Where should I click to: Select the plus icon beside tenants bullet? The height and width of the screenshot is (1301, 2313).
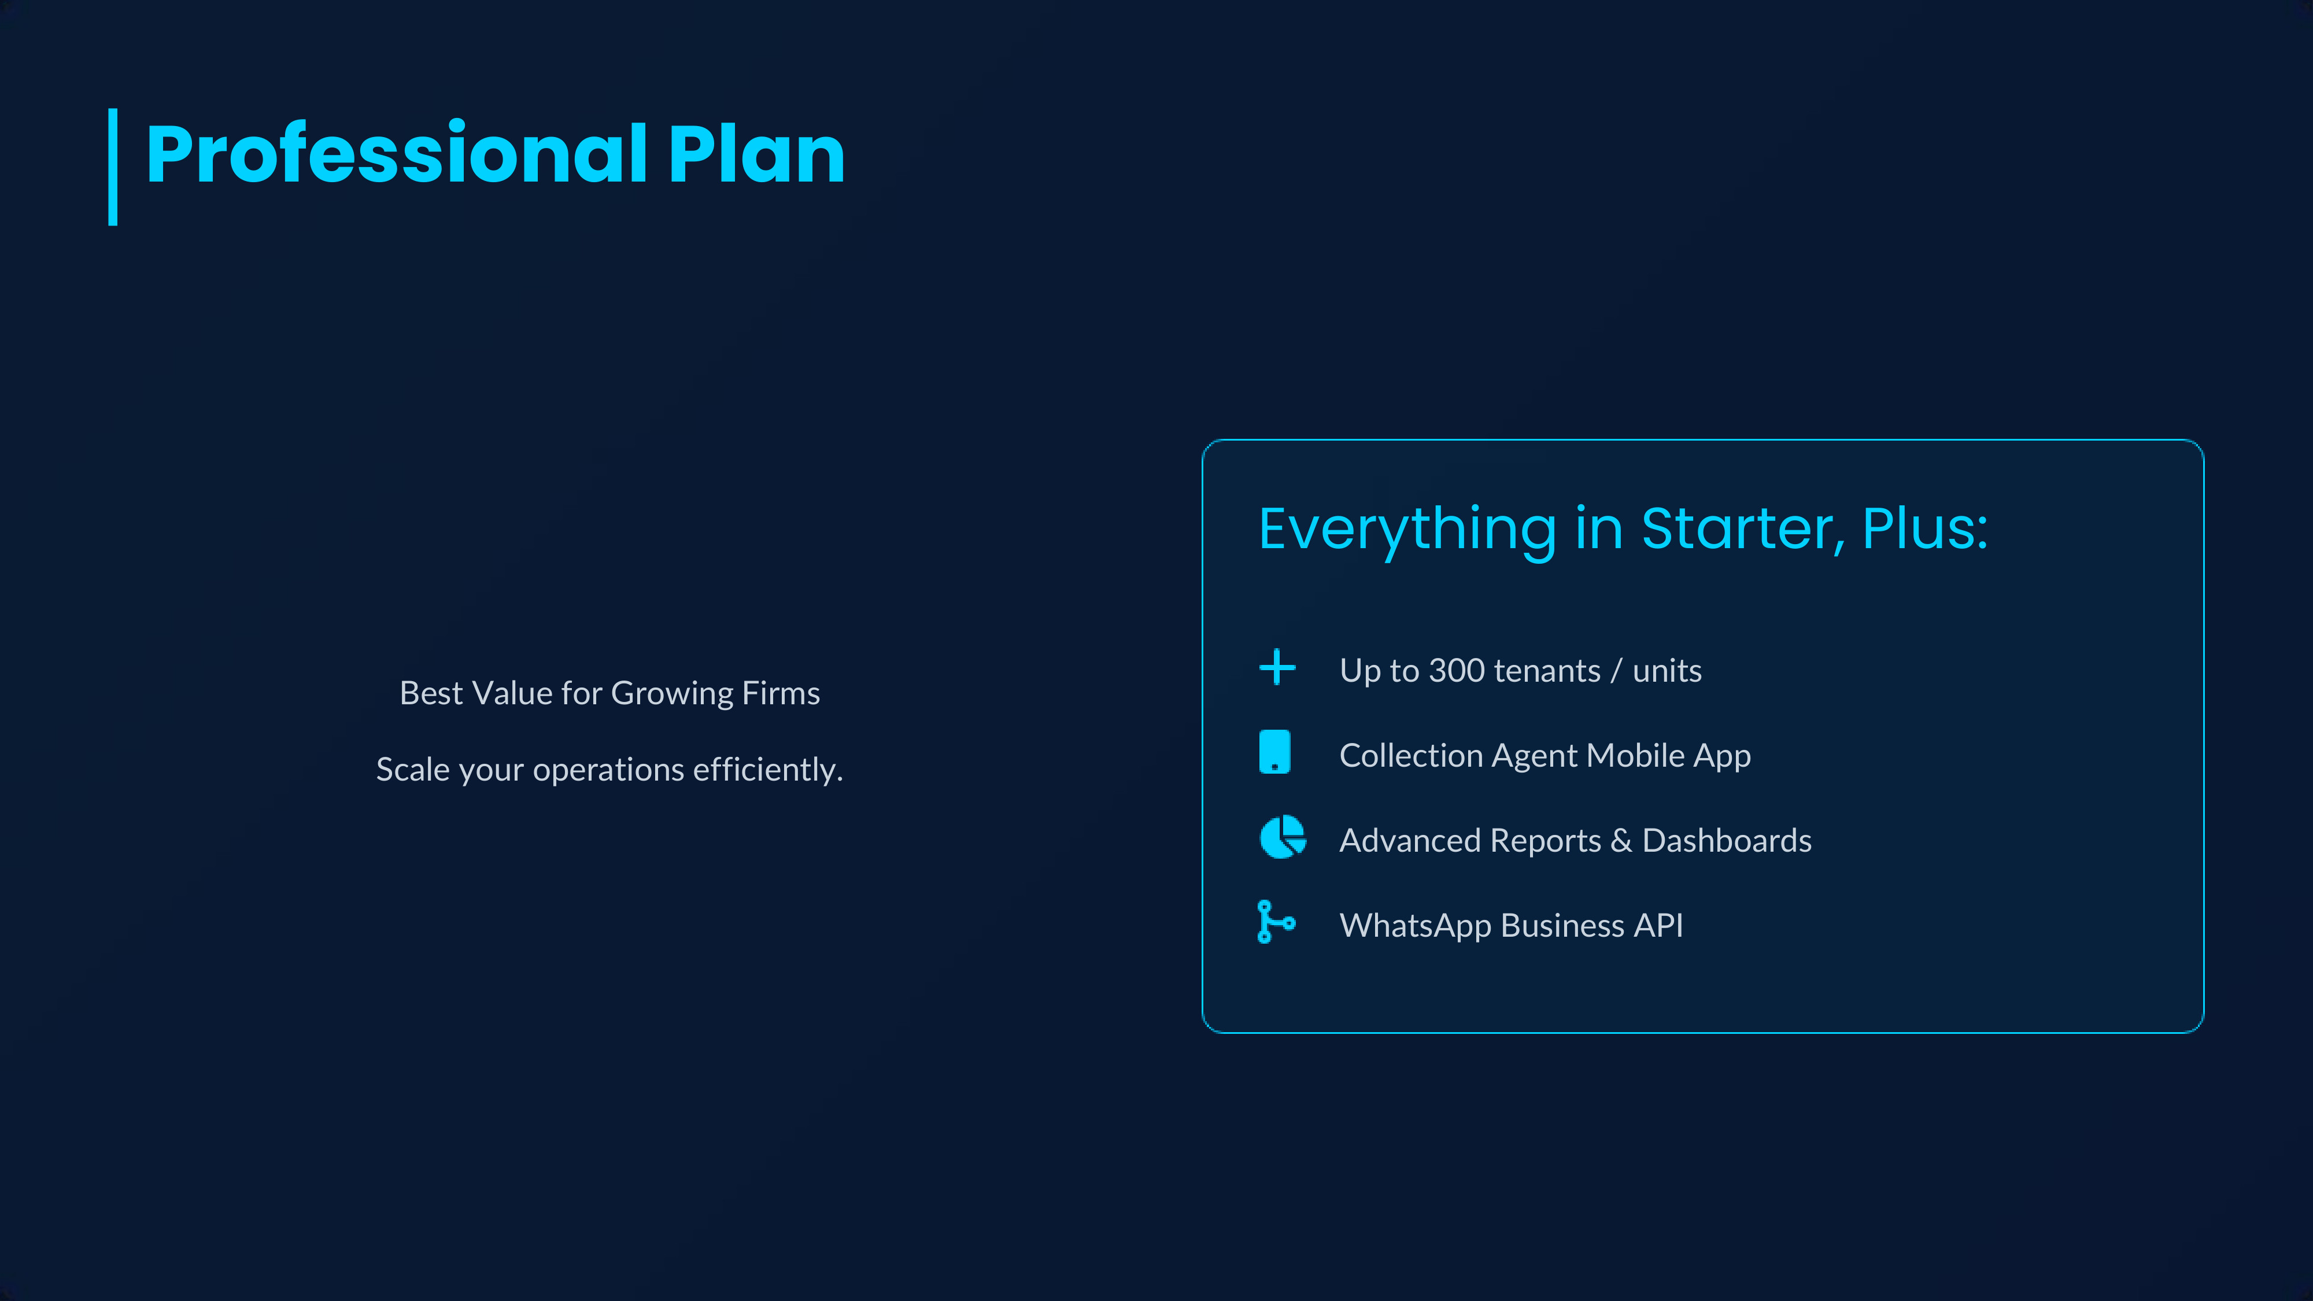(1277, 668)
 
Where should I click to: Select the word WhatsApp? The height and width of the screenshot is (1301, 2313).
(1415, 926)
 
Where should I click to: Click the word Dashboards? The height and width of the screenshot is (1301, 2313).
(1727, 840)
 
